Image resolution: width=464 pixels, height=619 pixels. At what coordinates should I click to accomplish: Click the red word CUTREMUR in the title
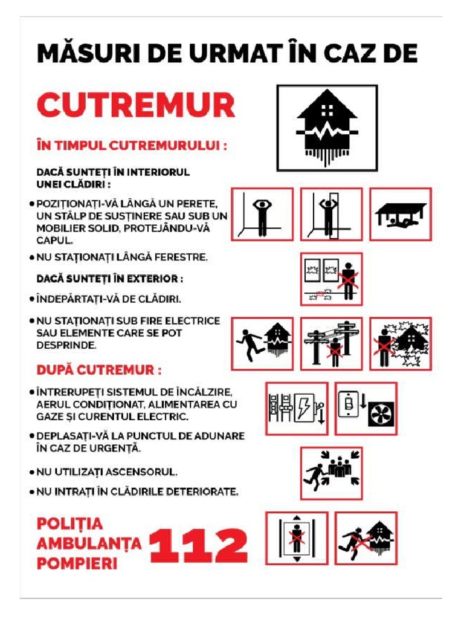pos(136,105)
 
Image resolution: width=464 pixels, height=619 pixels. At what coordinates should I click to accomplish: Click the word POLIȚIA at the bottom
pos(70,523)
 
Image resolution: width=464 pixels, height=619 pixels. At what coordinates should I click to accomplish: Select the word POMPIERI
pos(77,564)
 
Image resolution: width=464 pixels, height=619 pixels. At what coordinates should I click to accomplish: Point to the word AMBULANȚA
pos(89,543)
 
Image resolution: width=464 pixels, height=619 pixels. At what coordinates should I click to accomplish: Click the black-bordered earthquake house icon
pos(327,128)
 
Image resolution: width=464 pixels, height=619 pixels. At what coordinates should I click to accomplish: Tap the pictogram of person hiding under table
pos(401,215)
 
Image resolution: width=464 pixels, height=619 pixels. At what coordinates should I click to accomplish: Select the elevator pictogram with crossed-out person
pos(297,538)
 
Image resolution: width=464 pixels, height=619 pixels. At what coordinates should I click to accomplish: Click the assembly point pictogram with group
pos(331,473)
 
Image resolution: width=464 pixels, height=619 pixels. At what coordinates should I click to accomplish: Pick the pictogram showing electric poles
pos(331,343)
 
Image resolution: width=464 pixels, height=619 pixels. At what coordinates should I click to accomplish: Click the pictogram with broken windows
pos(331,279)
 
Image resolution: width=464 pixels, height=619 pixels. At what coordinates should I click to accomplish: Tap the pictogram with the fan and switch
pos(366,408)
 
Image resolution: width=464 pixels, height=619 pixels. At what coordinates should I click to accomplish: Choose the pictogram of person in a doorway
pos(331,215)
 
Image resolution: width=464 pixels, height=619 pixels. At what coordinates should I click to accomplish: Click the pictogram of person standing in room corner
pos(262,215)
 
